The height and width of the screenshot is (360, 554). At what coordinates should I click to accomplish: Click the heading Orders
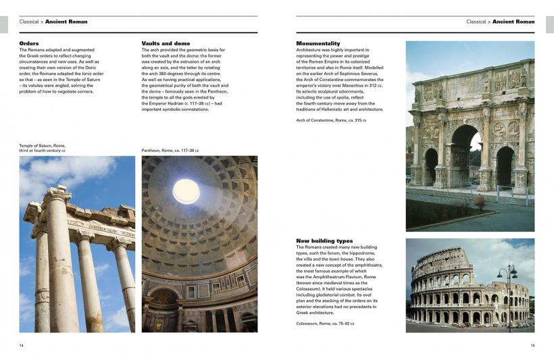click(x=29, y=43)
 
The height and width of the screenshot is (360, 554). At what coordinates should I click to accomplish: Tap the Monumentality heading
click(x=318, y=43)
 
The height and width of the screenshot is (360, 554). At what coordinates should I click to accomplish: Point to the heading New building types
click(x=324, y=241)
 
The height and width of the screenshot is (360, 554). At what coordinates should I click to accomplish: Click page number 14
click(x=22, y=345)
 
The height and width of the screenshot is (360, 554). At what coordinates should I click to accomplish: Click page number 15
click(x=532, y=345)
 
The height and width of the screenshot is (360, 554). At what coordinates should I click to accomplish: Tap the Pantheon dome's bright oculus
click(x=186, y=191)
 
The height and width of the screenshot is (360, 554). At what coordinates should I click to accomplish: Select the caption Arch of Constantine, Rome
click(x=330, y=120)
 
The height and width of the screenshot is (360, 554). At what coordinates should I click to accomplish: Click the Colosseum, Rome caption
click(x=325, y=324)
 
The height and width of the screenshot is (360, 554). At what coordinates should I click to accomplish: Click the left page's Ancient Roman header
click(x=66, y=22)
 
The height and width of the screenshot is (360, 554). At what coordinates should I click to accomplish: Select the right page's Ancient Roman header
click(x=513, y=22)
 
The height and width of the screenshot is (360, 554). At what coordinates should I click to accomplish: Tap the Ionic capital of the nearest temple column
click(x=59, y=195)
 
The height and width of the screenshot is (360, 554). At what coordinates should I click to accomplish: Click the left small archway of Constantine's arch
click(x=431, y=166)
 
